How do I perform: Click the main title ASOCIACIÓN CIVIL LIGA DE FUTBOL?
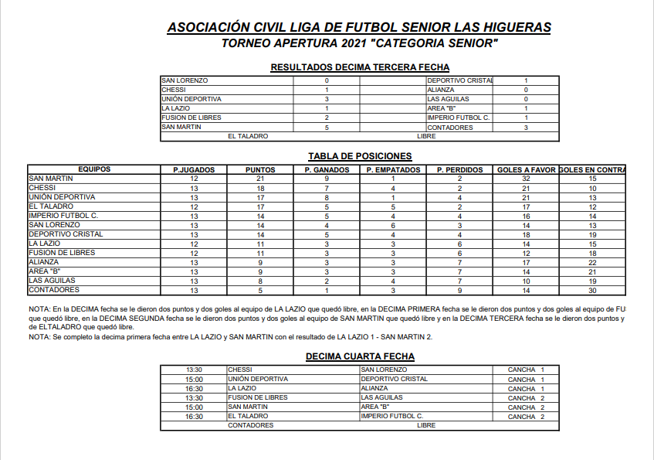click(359, 28)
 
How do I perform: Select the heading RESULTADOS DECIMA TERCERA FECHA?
click(360, 67)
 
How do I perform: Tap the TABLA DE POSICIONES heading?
click(359, 155)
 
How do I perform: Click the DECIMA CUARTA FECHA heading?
click(360, 356)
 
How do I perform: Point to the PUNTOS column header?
click(260, 169)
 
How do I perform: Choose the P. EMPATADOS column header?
click(393, 169)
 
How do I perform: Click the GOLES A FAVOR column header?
click(526, 169)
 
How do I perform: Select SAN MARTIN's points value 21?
click(260, 179)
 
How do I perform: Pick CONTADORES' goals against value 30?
click(592, 290)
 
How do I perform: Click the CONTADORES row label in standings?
click(54, 290)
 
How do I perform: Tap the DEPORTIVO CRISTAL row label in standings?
click(66, 234)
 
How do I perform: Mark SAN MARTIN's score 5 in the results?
click(327, 128)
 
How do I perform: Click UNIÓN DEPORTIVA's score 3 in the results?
click(327, 99)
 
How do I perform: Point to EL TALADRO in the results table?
click(248, 136)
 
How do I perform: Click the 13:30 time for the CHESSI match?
click(195, 370)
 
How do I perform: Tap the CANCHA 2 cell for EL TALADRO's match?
click(527, 417)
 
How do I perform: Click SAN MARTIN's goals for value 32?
click(526, 179)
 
